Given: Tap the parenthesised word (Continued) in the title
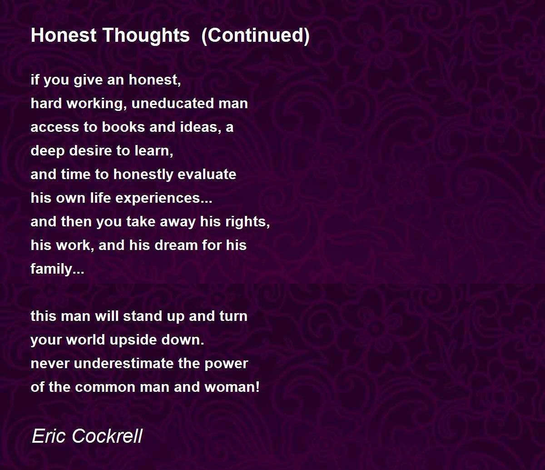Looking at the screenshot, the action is pos(255,35).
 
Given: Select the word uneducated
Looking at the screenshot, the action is pos(173,103).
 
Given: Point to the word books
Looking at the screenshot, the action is pos(123,127).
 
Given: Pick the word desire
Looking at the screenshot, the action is pos(91,151).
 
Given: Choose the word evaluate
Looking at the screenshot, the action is pos(207,174).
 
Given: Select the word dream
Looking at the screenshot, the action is pos(176,245).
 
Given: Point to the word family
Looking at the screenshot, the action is pos(57,270).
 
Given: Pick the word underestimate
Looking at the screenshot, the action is pos(124,363).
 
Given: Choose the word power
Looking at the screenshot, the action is pos(226,365).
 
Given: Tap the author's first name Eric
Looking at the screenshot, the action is pos(49,436).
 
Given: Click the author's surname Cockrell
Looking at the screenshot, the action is pos(107,436).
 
